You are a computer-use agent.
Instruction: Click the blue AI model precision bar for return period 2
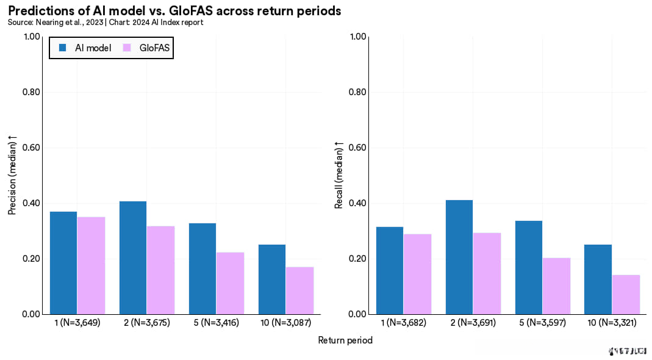click(x=133, y=257)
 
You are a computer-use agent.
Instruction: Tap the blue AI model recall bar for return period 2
click(x=459, y=257)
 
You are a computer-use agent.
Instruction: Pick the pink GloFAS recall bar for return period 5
click(x=556, y=286)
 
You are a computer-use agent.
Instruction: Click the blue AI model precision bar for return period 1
click(x=63, y=263)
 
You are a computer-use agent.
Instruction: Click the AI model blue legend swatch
click(x=62, y=48)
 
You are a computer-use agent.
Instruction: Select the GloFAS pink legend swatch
click(x=127, y=48)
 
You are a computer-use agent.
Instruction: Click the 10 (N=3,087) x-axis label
click(x=285, y=322)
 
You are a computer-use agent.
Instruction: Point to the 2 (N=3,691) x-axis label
click(x=473, y=322)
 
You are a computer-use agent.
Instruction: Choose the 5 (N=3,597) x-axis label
click(x=543, y=322)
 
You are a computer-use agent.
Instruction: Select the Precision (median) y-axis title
click(x=12, y=177)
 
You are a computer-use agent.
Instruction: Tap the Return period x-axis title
click(x=345, y=340)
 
